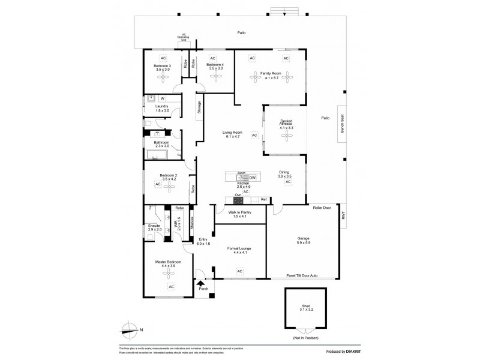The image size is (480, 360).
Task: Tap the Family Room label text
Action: pos(271,73)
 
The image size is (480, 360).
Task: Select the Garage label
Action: pos(304,238)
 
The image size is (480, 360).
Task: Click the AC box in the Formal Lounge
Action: pos(239,272)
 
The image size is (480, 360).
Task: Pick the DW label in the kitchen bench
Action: pos(253,178)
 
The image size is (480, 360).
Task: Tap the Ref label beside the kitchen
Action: pos(263,199)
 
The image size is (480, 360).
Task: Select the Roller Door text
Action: pos(322,207)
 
